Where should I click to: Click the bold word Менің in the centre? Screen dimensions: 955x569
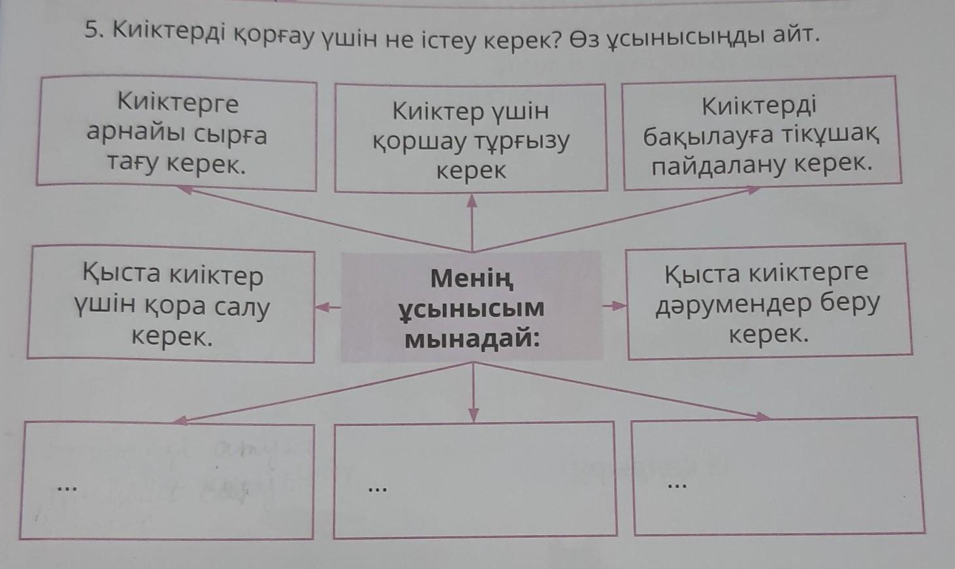[472, 279]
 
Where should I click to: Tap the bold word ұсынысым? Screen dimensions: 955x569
[472, 308]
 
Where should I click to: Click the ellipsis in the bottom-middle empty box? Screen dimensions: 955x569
[376, 489]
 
